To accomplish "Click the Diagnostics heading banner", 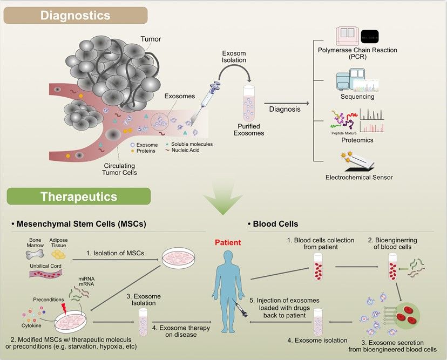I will [75, 15].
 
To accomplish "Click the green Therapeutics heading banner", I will [78, 196].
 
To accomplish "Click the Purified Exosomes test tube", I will [249, 106].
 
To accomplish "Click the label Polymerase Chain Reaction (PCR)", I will [357, 53].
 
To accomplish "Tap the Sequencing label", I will [357, 97].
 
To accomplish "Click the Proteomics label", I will [357, 140].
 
